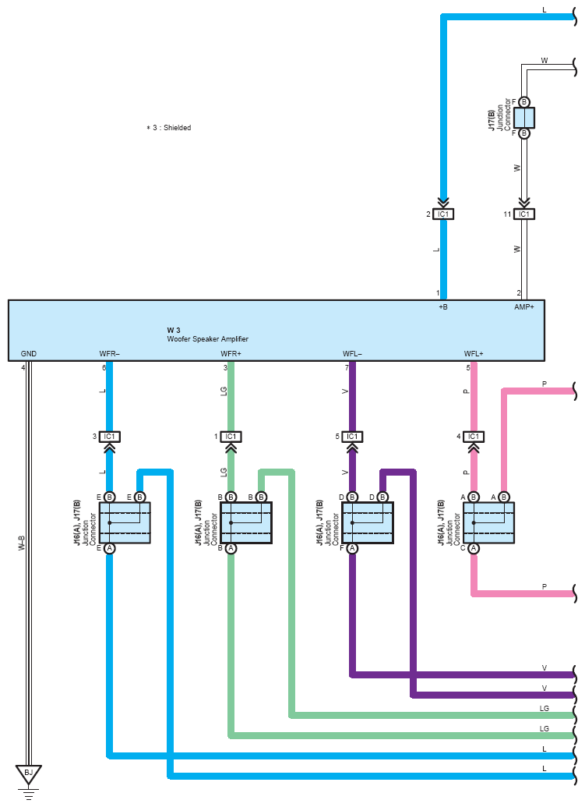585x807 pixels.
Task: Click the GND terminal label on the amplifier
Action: click(x=29, y=354)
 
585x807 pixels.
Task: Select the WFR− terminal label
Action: click(x=109, y=354)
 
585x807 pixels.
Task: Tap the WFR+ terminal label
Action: click(x=231, y=354)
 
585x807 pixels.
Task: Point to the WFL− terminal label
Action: click(x=352, y=354)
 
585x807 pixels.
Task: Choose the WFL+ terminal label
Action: click(x=474, y=354)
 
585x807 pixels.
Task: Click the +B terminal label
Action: click(x=443, y=307)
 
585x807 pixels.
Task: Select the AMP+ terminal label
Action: click(x=524, y=307)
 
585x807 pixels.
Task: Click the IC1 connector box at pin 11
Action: click(x=524, y=214)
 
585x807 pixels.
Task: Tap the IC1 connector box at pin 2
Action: click(x=443, y=214)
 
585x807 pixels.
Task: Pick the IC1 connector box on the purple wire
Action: click(x=352, y=437)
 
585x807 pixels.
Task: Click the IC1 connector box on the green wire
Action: click(x=231, y=437)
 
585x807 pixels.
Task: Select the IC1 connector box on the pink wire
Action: click(x=474, y=437)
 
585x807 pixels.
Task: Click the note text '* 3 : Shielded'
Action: click(x=169, y=127)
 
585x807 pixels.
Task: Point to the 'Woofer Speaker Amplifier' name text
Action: click(x=207, y=339)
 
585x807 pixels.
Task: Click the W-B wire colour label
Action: click(x=22, y=543)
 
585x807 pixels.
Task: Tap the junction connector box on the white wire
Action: click(x=524, y=118)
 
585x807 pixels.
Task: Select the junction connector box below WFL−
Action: click(x=368, y=522)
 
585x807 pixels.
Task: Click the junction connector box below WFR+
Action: click(x=246, y=522)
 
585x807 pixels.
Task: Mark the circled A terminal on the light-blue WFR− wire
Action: click(x=109, y=548)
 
